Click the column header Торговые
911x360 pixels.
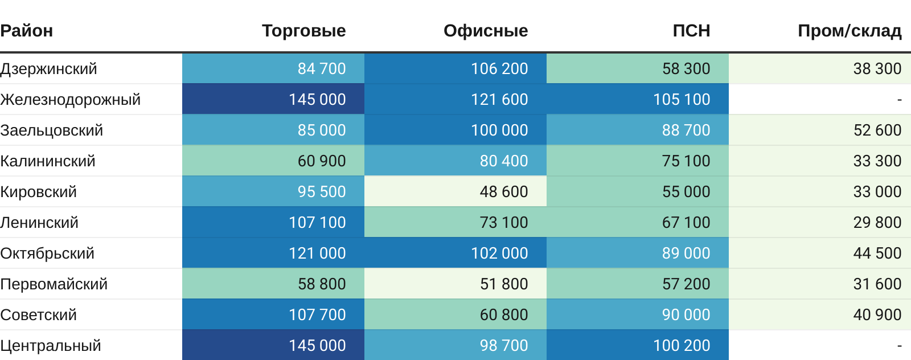click(303, 31)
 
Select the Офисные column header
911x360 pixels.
click(486, 31)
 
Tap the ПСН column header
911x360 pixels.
click(691, 31)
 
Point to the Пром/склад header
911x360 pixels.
click(850, 31)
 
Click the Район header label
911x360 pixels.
click(27, 31)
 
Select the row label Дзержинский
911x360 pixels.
click(49, 69)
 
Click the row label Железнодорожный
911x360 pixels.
click(71, 100)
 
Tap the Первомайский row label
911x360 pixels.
click(54, 284)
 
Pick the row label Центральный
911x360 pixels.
click(51, 346)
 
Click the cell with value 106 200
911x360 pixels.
click(499, 69)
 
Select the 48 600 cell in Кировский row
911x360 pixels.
click(504, 192)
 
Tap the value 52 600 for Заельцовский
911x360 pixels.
click(877, 130)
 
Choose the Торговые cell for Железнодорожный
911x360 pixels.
click(317, 100)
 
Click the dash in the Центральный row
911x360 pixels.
click(899, 346)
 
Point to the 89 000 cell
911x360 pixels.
click(686, 253)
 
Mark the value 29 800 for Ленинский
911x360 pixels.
click(877, 223)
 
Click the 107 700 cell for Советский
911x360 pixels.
click(317, 315)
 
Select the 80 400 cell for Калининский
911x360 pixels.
click(504, 161)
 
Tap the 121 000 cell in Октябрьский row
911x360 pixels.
click(317, 253)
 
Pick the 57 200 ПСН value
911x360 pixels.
click(686, 284)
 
